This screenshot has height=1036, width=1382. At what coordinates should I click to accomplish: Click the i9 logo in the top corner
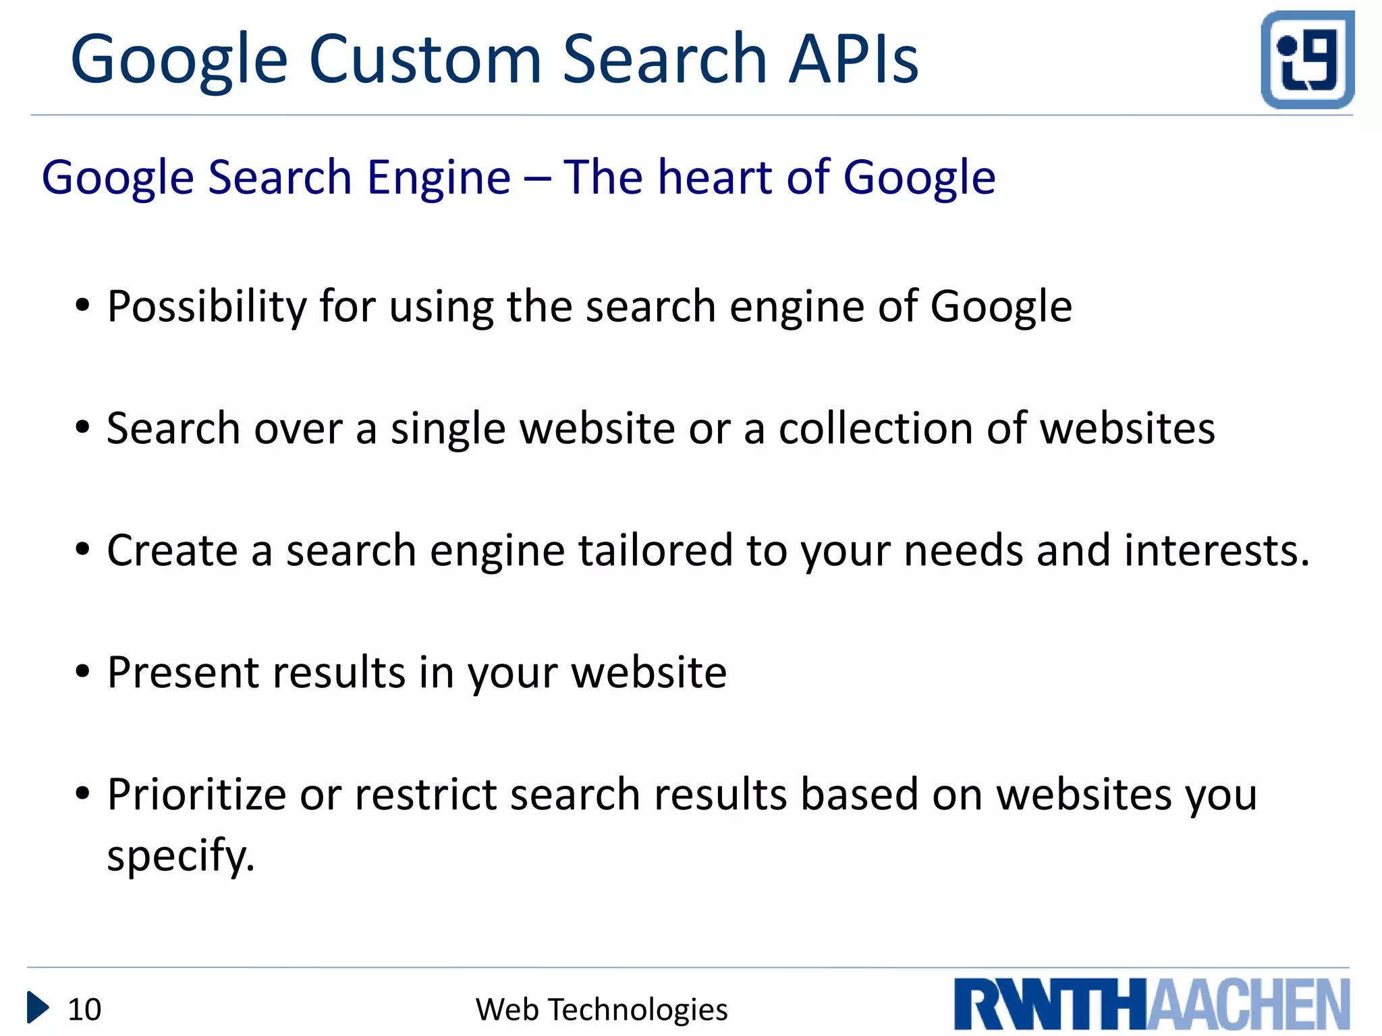(1307, 59)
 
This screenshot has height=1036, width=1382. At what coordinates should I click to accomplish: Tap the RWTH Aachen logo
(1152, 1004)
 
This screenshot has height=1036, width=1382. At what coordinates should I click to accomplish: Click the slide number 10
(84, 1010)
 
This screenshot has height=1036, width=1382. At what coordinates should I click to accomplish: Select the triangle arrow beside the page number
(38, 1008)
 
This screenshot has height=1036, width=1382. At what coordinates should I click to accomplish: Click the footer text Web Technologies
(601, 1010)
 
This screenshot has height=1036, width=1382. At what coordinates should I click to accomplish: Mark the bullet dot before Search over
(82, 428)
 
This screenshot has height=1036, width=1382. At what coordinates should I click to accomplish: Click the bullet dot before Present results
(82, 672)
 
